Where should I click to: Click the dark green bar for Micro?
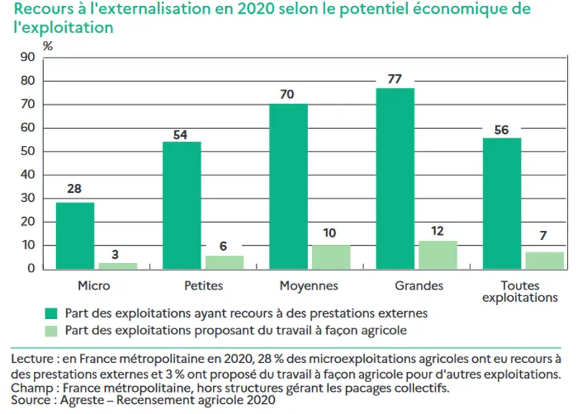click(x=75, y=236)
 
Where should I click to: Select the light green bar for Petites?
click(x=224, y=262)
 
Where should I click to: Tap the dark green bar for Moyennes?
click(x=288, y=187)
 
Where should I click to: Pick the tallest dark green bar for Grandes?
click(x=395, y=179)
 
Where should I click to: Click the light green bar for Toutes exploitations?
click(x=545, y=261)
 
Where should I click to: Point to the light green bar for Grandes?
click(x=438, y=255)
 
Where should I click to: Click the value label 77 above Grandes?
click(x=394, y=79)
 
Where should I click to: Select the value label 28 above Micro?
click(x=74, y=188)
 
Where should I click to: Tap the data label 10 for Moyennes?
click(x=330, y=233)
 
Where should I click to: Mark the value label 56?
click(x=501, y=130)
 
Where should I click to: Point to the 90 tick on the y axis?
click(x=27, y=57)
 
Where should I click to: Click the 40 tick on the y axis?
click(x=27, y=175)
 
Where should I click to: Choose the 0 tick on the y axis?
click(x=31, y=268)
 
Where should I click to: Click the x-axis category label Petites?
click(x=204, y=285)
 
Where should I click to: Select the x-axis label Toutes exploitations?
click(x=520, y=291)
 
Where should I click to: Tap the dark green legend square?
click(x=51, y=313)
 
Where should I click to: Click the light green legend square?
click(x=51, y=331)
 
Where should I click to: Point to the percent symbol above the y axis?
click(x=47, y=46)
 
